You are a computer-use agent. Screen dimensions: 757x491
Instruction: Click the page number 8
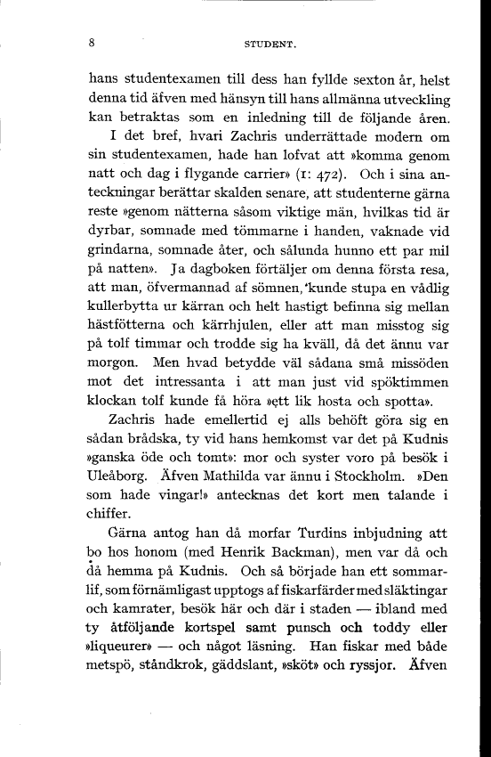coord(93,41)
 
